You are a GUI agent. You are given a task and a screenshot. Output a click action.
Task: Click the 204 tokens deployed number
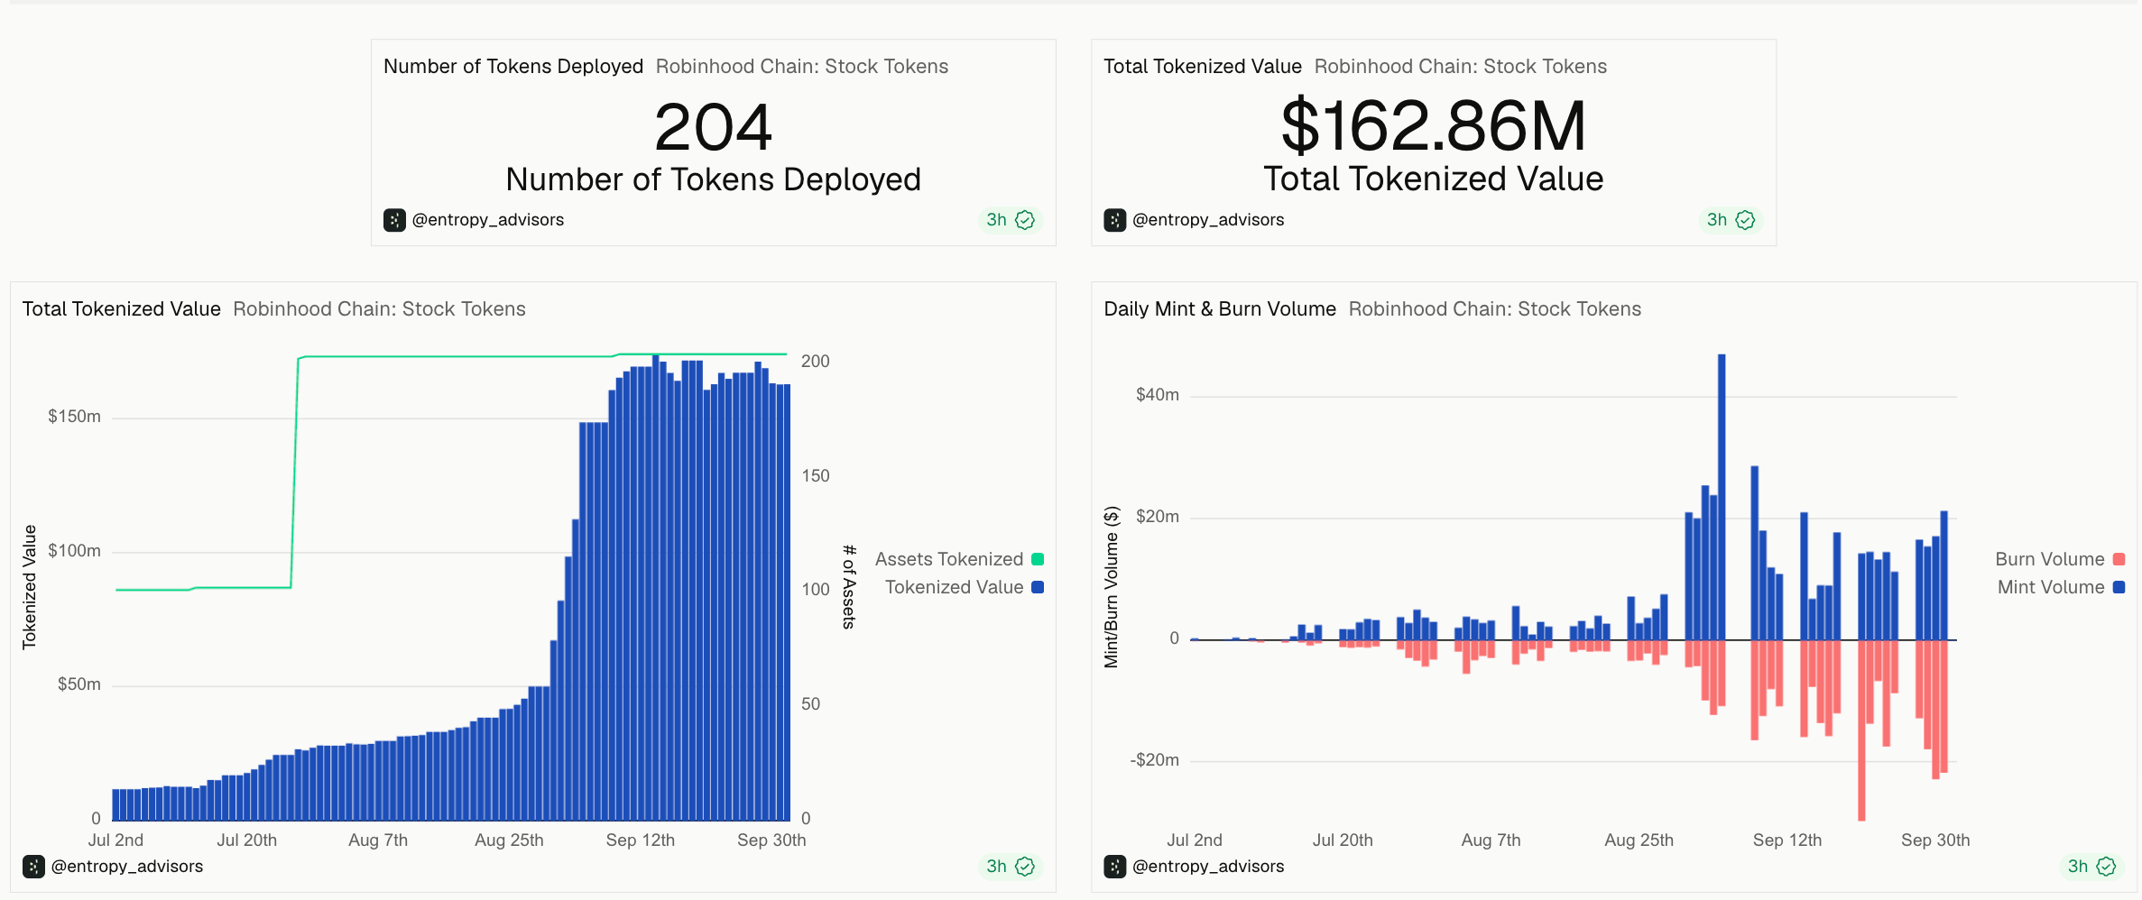tap(713, 127)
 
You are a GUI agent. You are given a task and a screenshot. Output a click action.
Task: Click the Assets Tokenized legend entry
tap(959, 559)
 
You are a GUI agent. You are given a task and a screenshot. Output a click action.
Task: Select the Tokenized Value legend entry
tap(964, 587)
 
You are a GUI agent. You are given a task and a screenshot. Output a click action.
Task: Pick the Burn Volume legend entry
tap(2060, 559)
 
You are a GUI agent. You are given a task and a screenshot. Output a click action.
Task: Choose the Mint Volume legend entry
tap(2061, 587)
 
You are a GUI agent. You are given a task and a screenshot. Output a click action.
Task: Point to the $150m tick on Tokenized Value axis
tap(74, 417)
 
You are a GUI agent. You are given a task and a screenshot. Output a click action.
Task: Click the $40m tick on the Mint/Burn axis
tap(1157, 395)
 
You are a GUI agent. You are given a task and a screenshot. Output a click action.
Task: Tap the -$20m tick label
tap(1154, 760)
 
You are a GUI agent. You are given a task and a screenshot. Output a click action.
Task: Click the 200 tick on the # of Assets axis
tap(815, 362)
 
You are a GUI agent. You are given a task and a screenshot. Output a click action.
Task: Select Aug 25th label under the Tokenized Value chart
tap(509, 840)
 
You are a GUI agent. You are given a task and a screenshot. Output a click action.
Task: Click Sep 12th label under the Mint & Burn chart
tap(1787, 840)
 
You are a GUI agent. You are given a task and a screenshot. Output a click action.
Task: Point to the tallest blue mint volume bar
tap(1722, 497)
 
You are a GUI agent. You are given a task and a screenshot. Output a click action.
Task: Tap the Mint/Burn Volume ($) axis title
tap(1112, 587)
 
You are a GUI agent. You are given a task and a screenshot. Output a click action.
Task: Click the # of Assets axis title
tap(848, 586)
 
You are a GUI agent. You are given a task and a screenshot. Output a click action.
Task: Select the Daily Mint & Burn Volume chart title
tap(1219, 309)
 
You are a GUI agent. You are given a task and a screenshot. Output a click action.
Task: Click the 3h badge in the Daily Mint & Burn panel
tap(2091, 867)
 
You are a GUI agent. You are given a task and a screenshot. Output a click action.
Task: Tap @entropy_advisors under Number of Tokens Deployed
tap(487, 220)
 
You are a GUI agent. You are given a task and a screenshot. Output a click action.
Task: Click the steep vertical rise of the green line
tap(294, 473)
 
